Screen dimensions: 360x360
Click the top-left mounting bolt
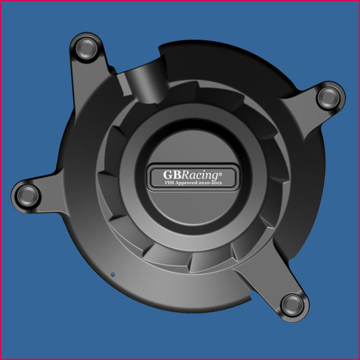tap(85, 48)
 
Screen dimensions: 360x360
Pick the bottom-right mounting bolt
tap(292, 306)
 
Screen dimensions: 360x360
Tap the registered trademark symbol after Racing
tap(220, 171)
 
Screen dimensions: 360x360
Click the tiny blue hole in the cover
tap(113, 273)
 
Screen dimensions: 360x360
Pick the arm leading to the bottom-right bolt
tap(265, 283)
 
